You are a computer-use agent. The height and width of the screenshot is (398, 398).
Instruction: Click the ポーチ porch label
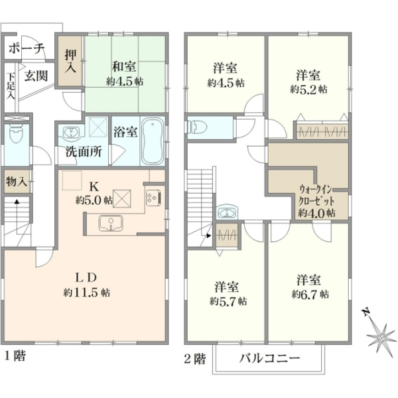coord(27,48)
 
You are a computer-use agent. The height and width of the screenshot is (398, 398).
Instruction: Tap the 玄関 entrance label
coord(36,76)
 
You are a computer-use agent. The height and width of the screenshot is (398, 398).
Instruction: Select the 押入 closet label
coord(70,60)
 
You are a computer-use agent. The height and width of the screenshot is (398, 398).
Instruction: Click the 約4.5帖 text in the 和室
coord(125,82)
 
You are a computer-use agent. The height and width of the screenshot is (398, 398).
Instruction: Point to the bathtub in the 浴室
coord(153,141)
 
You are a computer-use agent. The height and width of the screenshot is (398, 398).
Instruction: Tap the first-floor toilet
coord(16,134)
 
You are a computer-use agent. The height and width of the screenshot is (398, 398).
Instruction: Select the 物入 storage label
coord(16,182)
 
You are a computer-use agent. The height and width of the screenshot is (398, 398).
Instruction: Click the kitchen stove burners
coord(153,198)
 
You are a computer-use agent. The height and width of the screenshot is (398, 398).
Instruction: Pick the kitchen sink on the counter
coord(111,224)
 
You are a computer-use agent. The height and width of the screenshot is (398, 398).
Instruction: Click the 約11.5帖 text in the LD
coord(86,293)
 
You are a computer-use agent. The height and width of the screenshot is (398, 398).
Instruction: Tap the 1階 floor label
coord(15,356)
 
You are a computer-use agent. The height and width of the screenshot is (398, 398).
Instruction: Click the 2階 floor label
coord(194,359)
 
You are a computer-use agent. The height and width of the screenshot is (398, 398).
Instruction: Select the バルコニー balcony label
coord(269,358)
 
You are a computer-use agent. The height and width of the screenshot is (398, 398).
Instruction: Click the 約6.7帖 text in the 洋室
coord(310,295)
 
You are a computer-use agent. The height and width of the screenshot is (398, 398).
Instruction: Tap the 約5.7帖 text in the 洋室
coord(228,302)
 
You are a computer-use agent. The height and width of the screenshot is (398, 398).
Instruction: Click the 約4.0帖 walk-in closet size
coord(316,213)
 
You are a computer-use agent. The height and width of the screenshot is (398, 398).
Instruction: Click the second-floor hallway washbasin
coord(227,212)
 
